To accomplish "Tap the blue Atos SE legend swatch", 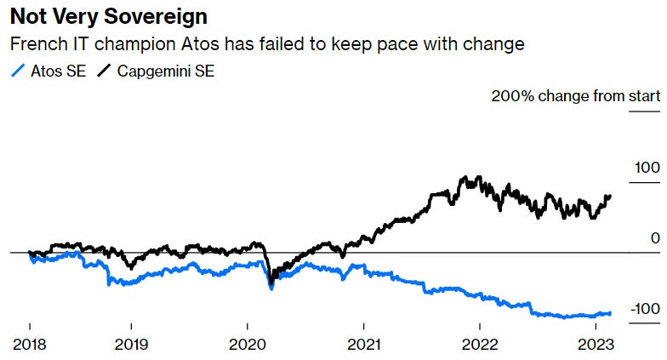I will [x=16, y=71].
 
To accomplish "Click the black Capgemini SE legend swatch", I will [x=105, y=71].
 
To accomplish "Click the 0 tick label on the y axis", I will [x=655, y=237].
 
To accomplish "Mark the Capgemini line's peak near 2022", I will [x=465, y=179].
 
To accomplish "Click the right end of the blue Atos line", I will [x=610, y=313].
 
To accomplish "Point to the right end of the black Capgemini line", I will [x=610, y=196].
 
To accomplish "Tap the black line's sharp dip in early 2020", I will [x=271, y=283].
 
